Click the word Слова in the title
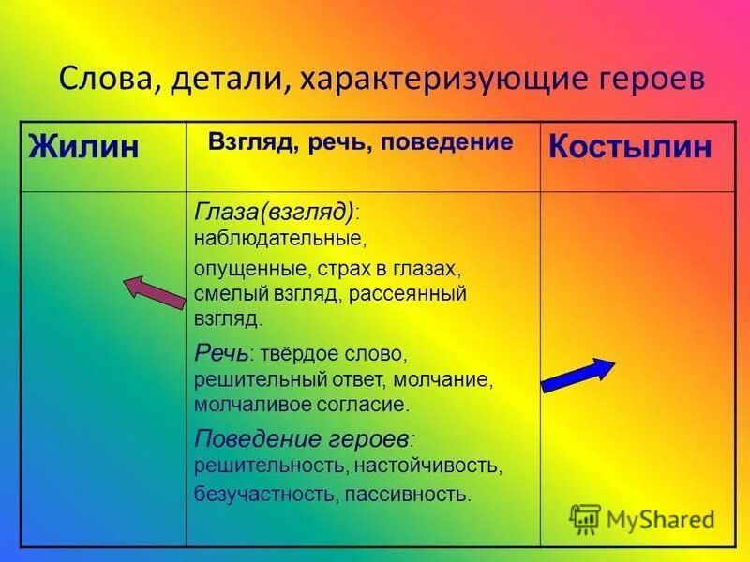(x=105, y=78)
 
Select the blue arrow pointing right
(x=577, y=373)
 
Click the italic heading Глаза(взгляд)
(x=275, y=210)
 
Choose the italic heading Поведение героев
(x=302, y=438)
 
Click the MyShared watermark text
(x=660, y=519)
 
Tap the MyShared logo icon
(x=585, y=519)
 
